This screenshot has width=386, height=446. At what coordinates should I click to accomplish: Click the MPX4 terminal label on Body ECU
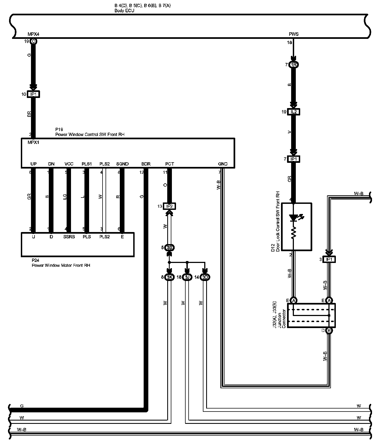coord(33,34)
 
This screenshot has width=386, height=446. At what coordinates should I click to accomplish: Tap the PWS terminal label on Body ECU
coord(294,34)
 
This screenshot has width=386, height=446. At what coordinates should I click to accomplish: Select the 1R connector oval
coord(294,65)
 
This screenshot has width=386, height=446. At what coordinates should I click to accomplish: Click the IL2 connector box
coord(294,112)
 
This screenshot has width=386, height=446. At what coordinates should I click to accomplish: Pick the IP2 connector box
coord(169,206)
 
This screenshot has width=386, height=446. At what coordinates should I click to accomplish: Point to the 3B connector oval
coord(169,248)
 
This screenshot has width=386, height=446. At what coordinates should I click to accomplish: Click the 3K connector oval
coord(169,277)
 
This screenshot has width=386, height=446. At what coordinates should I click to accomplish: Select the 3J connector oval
coord(187,277)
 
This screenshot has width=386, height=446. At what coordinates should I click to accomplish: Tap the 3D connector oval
coord(205,277)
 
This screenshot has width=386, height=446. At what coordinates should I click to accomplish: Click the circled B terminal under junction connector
coord(329,331)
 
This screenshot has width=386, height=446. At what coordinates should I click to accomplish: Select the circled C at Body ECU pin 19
coord(33,42)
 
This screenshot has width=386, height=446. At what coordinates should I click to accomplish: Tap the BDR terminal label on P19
coord(146,164)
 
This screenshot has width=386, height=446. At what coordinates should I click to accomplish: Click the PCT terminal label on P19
coord(169,164)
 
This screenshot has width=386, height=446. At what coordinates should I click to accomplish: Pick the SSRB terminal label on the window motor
coord(69,237)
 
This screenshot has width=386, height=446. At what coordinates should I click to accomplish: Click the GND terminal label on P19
coord(223,164)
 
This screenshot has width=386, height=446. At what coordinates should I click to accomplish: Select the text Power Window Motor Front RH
coord(61,265)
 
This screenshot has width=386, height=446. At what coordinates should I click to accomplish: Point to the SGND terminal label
coord(122,164)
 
